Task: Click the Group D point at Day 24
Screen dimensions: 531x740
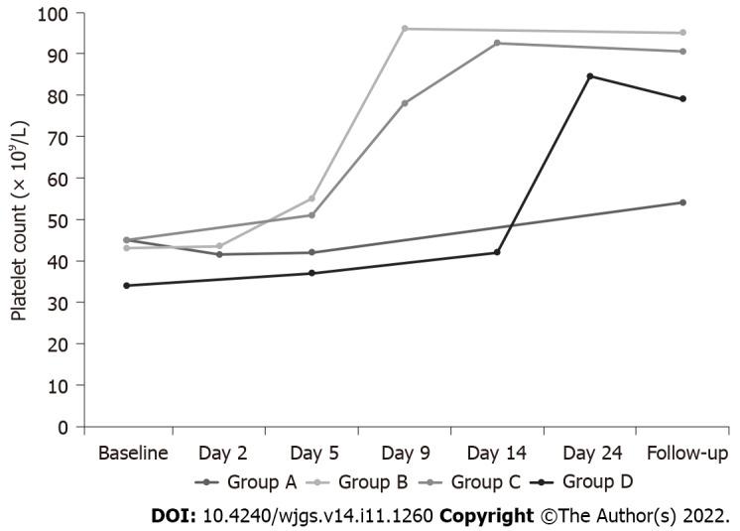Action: pyautogui.click(x=590, y=76)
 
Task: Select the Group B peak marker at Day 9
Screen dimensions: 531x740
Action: pyautogui.click(x=405, y=29)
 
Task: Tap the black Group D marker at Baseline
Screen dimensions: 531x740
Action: pyautogui.click(x=127, y=286)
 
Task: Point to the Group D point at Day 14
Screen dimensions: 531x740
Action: pyautogui.click(x=497, y=252)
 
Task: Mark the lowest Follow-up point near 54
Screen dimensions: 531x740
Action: pyautogui.click(x=682, y=202)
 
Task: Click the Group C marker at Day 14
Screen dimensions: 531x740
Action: pyautogui.click(x=497, y=43)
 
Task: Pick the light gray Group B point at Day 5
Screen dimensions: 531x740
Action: pyautogui.click(x=312, y=199)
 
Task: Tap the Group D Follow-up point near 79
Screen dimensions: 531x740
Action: pyautogui.click(x=682, y=99)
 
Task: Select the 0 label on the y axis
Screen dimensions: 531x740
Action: pyautogui.click(x=64, y=427)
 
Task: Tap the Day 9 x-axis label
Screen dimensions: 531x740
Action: pyautogui.click(x=406, y=454)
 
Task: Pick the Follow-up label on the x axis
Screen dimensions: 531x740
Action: pyautogui.click(x=682, y=454)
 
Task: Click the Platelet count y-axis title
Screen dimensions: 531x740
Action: pyautogui.click(x=19, y=219)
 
